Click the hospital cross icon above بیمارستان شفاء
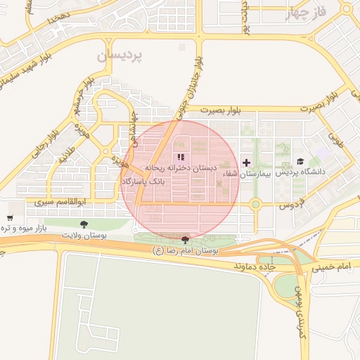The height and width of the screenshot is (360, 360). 246,162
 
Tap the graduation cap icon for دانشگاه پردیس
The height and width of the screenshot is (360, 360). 301,161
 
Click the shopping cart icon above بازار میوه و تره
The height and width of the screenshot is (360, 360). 10,219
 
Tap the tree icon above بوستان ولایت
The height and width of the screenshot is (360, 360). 84,224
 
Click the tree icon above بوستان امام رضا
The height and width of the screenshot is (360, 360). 185,240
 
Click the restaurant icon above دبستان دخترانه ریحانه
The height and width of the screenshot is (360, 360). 181,157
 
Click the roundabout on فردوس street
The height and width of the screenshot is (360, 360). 255,205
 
